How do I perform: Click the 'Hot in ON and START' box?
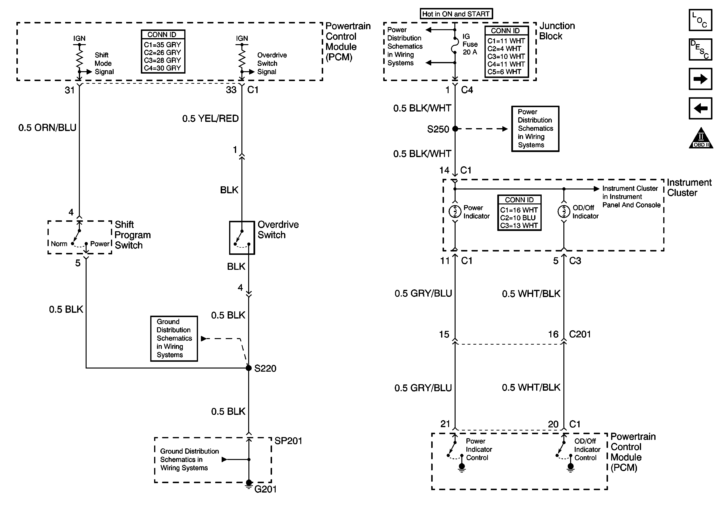[x=456, y=14]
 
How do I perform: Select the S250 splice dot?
[x=455, y=129]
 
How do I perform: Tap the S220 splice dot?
[x=248, y=368]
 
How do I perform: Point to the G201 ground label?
[x=265, y=489]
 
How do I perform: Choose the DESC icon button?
[x=700, y=49]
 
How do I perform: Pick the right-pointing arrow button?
[x=700, y=79]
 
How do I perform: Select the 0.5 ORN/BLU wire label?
[x=47, y=128]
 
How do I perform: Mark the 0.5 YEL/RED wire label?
[x=210, y=119]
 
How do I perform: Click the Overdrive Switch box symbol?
[x=242, y=238]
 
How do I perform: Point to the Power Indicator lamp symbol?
[x=455, y=211]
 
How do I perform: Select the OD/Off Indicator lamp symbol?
[x=564, y=211]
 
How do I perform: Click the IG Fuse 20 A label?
[x=470, y=44]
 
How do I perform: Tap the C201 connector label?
[x=580, y=334]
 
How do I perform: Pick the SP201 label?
[x=288, y=441]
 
